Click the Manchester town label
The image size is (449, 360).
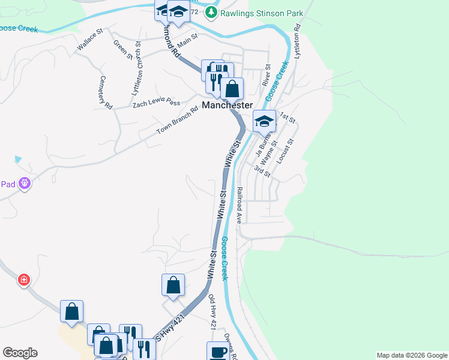(x=228, y=105)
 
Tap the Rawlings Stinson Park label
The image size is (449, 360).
(x=262, y=13)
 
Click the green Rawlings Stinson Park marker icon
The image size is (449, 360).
(x=211, y=13)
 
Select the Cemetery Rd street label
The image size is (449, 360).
(x=106, y=92)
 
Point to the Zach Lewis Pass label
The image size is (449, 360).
(x=156, y=103)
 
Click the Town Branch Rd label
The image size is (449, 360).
(x=177, y=120)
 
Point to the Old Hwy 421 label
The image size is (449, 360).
(x=212, y=311)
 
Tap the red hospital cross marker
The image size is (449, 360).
(x=23, y=280)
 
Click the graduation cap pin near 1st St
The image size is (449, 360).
(x=264, y=122)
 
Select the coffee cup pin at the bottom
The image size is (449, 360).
(x=218, y=352)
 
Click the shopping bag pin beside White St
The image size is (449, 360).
(x=173, y=285)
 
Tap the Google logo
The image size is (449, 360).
(x=20, y=353)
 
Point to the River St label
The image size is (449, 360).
(x=268, y=76)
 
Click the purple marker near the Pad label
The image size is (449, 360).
(x=24, y=184)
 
